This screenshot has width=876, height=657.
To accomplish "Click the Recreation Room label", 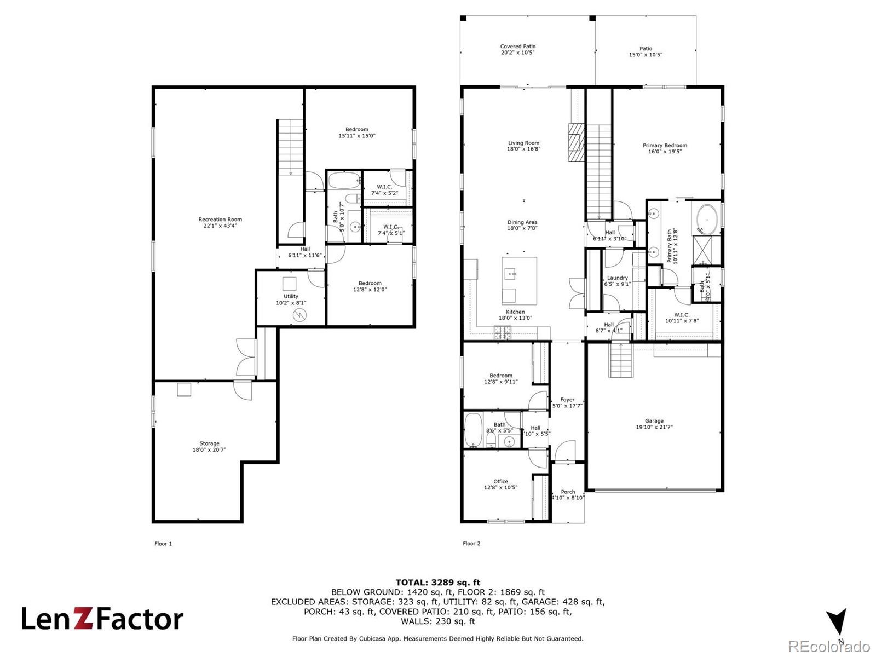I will click(220, 220).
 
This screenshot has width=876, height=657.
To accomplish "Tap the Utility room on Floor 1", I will click(291, 298).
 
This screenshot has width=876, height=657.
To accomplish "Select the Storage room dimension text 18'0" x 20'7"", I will click(209, 450).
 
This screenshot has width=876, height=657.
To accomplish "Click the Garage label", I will click(654, 421).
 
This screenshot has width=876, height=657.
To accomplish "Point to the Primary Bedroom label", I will click(665, 146).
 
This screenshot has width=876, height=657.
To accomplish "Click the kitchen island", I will click(519, 281).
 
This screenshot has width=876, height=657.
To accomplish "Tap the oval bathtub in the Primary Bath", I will click(707, 218).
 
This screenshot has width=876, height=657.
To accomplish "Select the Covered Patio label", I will click(517, 47).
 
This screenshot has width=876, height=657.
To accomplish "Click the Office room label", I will click(500, 481).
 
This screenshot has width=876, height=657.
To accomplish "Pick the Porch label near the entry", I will click(568, 492).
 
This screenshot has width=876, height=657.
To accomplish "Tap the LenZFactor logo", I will click(102, 619).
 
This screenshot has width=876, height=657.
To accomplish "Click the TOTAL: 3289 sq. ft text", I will click(438, 583).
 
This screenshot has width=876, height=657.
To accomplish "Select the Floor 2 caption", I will click(471, 544).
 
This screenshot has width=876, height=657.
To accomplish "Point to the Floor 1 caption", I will click(163, 544).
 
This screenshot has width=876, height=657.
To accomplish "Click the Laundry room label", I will click(617, 278).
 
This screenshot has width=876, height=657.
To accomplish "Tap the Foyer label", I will click(567, 400).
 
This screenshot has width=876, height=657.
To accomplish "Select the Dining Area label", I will click(522, 222).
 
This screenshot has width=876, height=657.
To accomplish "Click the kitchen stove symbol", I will click(503, 332).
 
